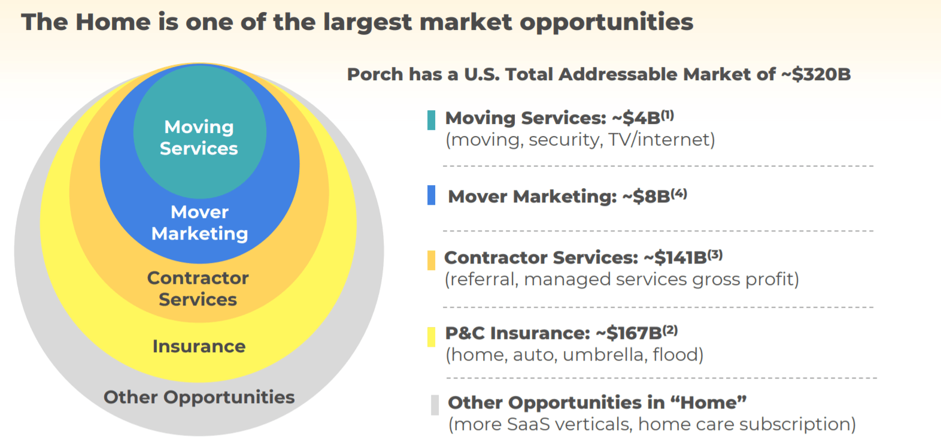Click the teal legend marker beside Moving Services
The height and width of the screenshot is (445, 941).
click(431, 120)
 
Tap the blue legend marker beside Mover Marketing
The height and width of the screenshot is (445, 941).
click(431, 195)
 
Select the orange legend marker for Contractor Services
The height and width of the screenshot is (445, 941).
click(431, 261)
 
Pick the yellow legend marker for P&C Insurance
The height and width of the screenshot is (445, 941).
click(431, 337)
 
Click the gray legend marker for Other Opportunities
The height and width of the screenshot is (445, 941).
click(435, 405)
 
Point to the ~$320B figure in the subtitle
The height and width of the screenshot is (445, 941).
click(816, 74)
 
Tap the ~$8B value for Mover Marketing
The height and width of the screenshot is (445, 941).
click(645, 196)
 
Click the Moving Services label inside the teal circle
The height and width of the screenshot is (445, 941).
click(199, 138)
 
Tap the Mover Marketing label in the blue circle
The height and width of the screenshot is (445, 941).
click(199, 223)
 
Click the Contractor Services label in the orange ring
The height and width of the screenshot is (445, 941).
click(198, 289)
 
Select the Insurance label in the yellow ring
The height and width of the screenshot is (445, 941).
click(199, 346)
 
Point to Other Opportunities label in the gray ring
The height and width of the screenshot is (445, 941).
click(199, 397)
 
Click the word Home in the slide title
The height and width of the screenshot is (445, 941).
click(113, 22)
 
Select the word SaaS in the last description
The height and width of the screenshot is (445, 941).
click(528, 424)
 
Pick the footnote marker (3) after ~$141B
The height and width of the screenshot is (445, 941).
click(715, 254)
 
